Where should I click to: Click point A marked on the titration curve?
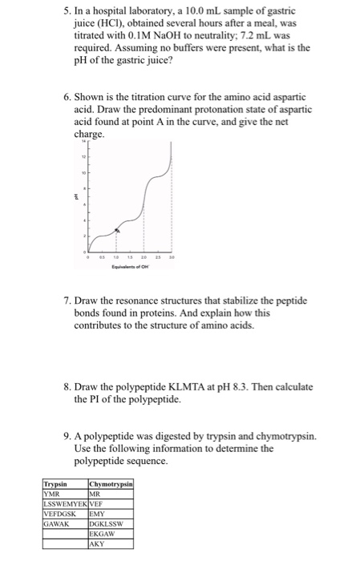[x=118, y=230]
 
